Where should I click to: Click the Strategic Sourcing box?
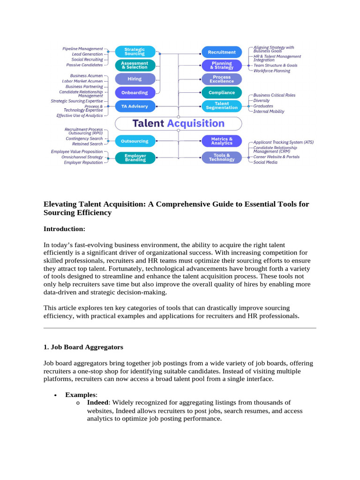tap(135, 51)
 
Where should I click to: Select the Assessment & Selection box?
tap(135, 65)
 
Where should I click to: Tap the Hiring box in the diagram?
tap(135, 79)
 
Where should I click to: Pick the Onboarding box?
tap(135, 92)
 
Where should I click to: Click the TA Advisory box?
tap(135, 106)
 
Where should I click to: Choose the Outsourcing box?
tap(135, 141)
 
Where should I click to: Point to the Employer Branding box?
tap(135, 157)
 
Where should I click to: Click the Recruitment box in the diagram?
tap(222, 52)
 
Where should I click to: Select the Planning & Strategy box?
tap(222, 65)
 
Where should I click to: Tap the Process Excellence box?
tap(222, 79)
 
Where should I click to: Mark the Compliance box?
tap(222, 92)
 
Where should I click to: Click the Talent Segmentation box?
tap(222, 106)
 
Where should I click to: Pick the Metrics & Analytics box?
tap(222, 141)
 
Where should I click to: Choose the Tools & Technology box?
tap(222, 157)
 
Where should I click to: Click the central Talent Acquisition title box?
tap(179, 124)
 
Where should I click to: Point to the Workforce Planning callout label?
tap(272, 71)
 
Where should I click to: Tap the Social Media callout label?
tap(265, 162)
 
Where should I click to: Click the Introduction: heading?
tap(64, 229)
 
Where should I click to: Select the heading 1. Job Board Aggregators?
tap(83, 347)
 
